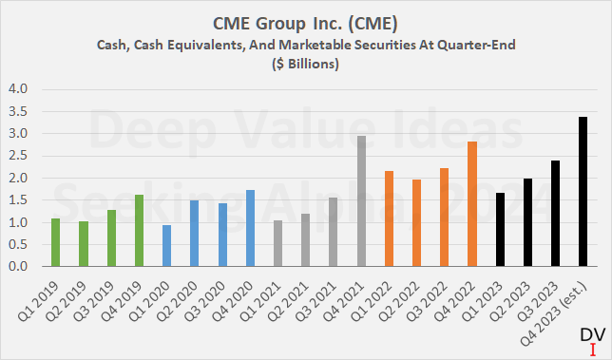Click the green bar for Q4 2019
pyautogui.click(x=139, y=231)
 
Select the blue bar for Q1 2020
pyautogui.click(x=166, y=246)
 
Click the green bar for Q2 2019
pyautogui.click(x=84, y=244)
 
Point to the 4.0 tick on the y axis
pyautogui.click(x=19, y=89)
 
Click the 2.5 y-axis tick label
pyautogui.click(x=19, y=156)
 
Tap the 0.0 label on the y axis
pyautogui.click(x=19, y=267)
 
